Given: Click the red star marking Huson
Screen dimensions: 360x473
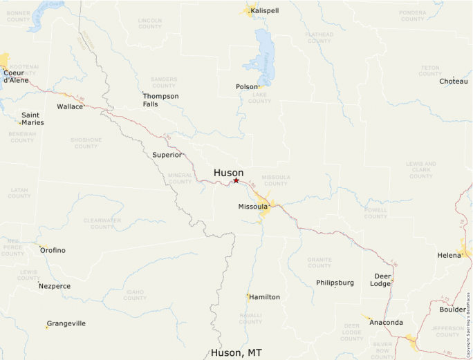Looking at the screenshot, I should pyautogui.click(x=236, y=180).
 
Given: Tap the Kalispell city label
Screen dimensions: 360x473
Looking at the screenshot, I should pyautogui.click(x=265, y=11).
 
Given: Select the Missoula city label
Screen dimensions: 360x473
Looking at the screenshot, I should pyautogui.click(x=252, y=207).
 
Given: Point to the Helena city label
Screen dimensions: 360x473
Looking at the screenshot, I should pyautogui.click(x=449, y=255).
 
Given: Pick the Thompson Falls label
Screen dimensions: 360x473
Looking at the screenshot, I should pyautogui.click(x=160, y=100).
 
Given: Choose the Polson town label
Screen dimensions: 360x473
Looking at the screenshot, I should pyautogui.click(x=247, y=87).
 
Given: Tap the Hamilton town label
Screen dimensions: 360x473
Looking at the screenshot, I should pyautogui.click(x=265, y=297).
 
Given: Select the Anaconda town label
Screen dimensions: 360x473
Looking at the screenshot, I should pyautogui.click(x=386, y=322).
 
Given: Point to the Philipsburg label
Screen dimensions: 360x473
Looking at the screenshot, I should pyautogui.click(x=335, y=283).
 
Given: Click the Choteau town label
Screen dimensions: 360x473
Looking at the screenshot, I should pyautogui.click(x=453, y=82).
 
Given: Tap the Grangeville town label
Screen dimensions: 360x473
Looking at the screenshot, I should pyautogui.click(x=66, y=323).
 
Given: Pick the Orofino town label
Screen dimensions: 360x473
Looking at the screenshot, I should pyautogui.click(x=53, y=250).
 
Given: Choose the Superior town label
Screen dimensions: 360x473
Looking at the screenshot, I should pyautogui.click(x=167, y=155).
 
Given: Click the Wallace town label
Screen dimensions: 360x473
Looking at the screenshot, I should pyautogui.click(x=70, y=106).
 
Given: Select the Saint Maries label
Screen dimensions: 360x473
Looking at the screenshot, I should pyautogui.click(x=33, y=119).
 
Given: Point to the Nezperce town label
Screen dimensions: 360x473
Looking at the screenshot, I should pyautogui.click(x=55, y=286).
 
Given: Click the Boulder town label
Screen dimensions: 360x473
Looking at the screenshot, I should pyautogui.click(x=452, y=310).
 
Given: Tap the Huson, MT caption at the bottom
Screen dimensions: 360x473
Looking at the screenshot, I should pyautogui.click(x=236, y=352).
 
